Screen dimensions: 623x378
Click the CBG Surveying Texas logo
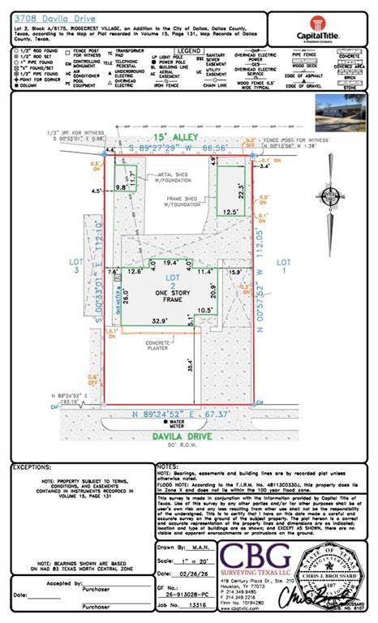[x=253, y=559]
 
